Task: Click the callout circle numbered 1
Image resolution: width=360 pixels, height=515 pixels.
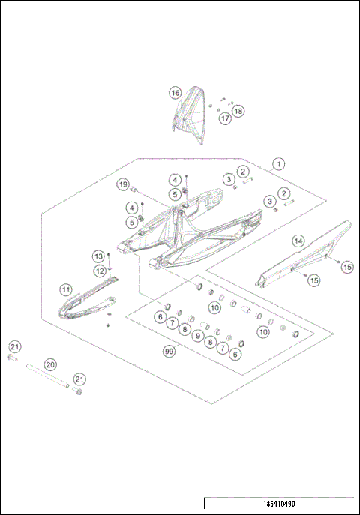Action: [x=278, y=163]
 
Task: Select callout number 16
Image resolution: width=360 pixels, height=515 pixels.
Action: [x=175, y=93]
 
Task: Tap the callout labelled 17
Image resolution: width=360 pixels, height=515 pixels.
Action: [x=225, y=118]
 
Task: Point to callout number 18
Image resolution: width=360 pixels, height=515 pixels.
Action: [x=238, y=111]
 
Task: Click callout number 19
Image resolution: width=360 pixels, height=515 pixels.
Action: [x=122, y=185]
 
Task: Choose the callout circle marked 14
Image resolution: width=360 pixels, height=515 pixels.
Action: [x=298, y=241]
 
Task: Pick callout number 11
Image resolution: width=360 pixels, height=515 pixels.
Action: [x=66, y=289]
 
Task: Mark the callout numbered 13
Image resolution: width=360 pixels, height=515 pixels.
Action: [x=98, y=256]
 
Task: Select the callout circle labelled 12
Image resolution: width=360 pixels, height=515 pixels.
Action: [x=98, y=270]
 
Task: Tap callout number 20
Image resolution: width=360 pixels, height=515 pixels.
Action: [x=50, y=364]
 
